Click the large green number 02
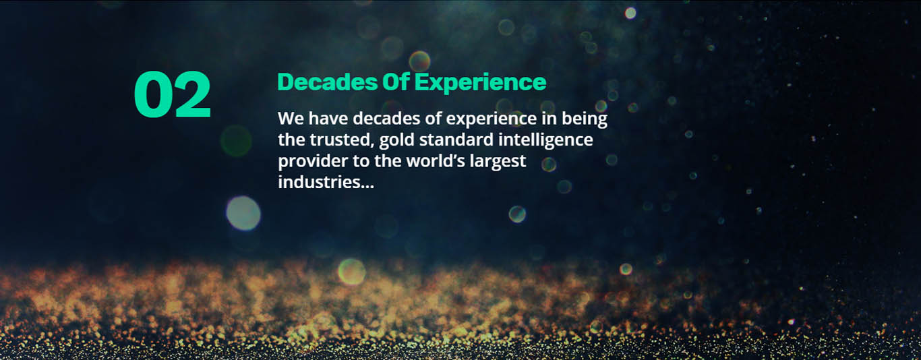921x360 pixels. [173, 94]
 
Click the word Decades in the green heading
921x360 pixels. [327, 82]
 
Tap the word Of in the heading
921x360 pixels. [396, 82]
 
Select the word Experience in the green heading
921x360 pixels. [480, 83]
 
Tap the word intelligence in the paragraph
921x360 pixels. [545, 140]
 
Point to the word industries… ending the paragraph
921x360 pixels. [326, 182]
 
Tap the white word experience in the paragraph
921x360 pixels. [492, 119]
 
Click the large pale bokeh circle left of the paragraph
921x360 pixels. [243, 213]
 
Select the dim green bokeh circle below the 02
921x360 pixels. [236, 141]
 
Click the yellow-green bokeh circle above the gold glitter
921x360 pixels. [351, 272]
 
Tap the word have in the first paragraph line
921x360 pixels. [328, 119]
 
